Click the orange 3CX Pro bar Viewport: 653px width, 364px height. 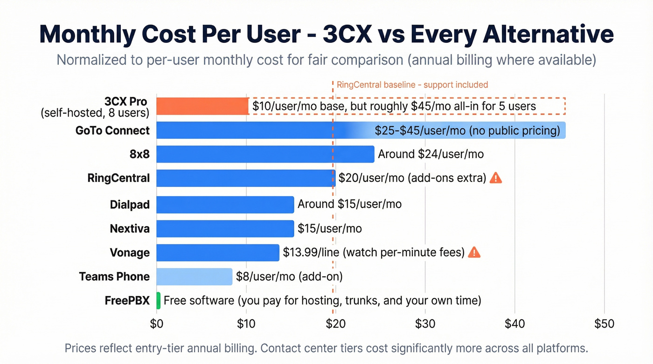202,106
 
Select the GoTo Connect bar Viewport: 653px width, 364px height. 261,130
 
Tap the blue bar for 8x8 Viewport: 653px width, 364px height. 265,154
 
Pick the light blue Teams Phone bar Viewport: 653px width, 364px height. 194,277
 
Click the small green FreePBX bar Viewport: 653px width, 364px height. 159,301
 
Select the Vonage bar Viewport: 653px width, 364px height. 217,253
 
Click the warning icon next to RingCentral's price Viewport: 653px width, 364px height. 496,178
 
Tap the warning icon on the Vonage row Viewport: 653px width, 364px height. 474,252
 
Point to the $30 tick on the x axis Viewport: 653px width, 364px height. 424,323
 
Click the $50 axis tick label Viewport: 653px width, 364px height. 604,323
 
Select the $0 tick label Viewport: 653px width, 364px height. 157,323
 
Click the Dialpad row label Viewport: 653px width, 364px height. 130,205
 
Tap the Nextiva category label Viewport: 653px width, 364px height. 130,229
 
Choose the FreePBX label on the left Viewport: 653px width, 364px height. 127,301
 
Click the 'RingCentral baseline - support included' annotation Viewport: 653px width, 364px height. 412,85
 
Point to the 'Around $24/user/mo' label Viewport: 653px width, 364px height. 431,154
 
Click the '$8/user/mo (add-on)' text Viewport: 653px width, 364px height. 289,276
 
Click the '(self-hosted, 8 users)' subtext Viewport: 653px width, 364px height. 95,113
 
